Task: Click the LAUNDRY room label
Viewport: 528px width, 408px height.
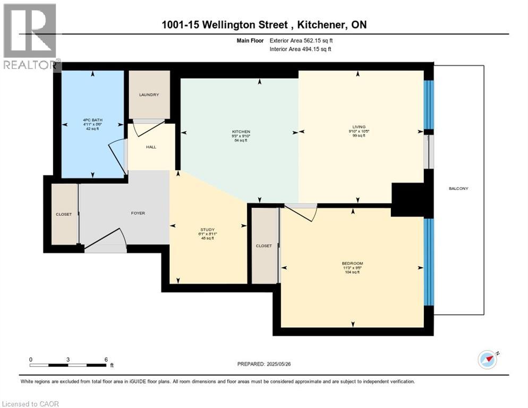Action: (149, 95)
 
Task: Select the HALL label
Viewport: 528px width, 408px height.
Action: (151, 147)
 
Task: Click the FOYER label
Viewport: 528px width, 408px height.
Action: (138, 213)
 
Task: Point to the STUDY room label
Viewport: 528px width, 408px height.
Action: (208, 229)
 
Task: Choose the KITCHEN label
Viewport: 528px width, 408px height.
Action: (241, 132)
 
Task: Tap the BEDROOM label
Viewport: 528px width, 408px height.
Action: (352, 263)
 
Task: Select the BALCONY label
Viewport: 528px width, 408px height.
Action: (458, 189)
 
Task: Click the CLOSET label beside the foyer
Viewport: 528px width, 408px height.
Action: (64, 214)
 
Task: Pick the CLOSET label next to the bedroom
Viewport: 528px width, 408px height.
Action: (263, 246)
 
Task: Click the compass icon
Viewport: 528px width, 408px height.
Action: (487, 360)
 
